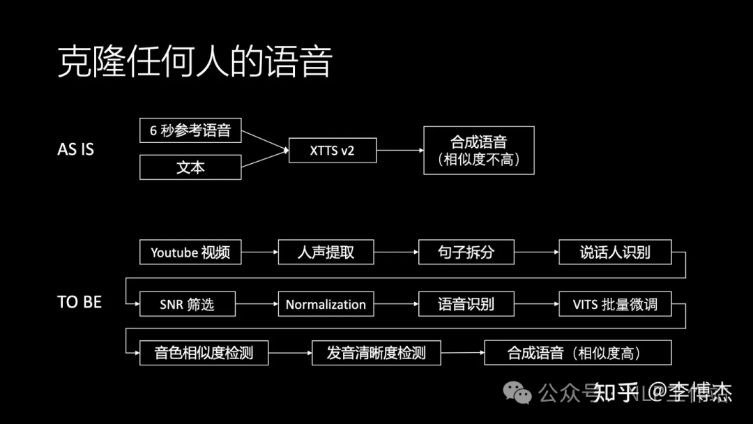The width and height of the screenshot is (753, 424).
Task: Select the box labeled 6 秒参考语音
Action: click(190, 130)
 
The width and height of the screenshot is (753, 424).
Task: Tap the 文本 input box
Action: click(190, 167)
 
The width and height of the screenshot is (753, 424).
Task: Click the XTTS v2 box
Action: click(333, 150)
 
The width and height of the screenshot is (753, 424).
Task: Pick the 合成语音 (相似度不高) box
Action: click(479, 150)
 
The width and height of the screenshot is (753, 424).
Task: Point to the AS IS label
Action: click(75, 149)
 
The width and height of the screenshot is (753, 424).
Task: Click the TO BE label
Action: click(79, 303)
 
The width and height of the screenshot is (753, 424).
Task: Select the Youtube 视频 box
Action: click(190, 252)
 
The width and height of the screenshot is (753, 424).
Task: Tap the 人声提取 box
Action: click(326, 252)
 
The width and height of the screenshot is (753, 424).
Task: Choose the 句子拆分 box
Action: click(466, 252)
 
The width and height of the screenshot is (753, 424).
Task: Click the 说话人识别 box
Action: click(615, 252)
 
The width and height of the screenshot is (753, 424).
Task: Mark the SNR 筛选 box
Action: click(187, 304)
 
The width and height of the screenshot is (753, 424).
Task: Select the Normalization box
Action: click(326, 304)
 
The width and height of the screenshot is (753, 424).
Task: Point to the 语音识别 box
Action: click(466, 304)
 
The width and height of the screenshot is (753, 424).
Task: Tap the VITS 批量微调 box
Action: click(615, 304)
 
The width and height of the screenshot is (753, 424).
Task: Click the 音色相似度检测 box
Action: click(204, 353)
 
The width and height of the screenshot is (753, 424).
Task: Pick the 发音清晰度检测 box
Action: click(376, 353)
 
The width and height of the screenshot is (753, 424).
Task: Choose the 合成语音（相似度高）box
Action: click(577, 353)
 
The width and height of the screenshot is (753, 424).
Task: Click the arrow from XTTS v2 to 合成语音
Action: click(400, 150)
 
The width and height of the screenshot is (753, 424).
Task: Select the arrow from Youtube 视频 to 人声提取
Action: click(259, 252)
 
